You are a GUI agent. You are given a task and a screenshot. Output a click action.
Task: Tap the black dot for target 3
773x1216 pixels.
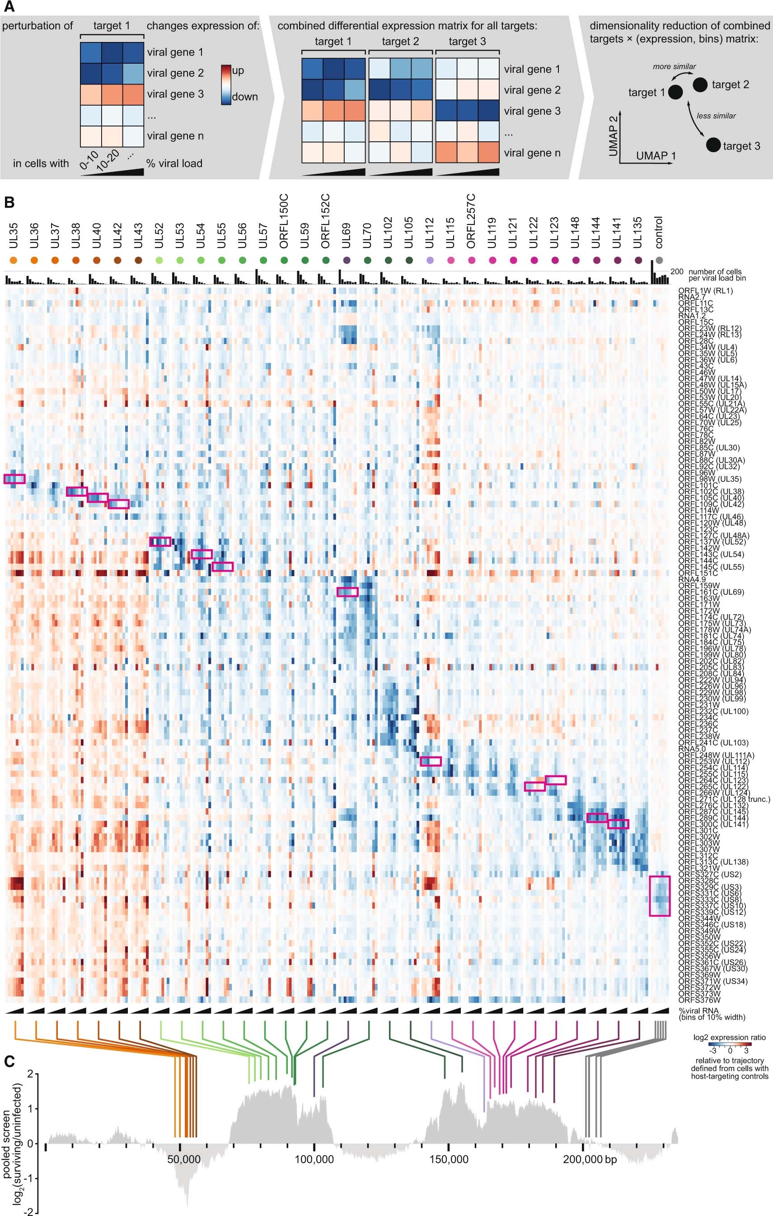[x=713, y=145]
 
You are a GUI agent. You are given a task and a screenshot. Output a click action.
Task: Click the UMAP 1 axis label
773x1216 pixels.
[x=656, y=155]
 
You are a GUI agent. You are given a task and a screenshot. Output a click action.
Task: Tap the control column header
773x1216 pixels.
[x=659, y=232]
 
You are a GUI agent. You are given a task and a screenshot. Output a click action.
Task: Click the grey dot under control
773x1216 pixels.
[x=659, y=261]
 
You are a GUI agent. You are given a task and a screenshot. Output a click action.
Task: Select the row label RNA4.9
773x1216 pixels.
[x=692, y=579]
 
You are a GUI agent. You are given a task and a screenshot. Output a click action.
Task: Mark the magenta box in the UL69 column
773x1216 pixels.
[x=347, y=592]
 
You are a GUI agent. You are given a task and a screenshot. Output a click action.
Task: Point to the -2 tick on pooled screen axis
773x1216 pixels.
[x=30, y=1212]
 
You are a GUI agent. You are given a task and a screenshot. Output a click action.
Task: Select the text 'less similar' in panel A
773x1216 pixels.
[x=716, y=116]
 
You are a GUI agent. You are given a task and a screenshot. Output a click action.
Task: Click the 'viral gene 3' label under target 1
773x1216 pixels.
[x=175, y=94]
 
